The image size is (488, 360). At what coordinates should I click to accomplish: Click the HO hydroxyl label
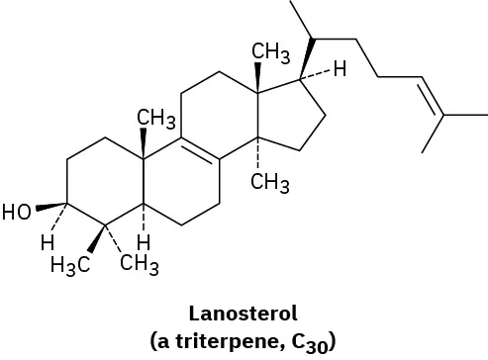click(18, 211)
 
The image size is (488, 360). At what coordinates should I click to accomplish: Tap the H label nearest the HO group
click(45, 240)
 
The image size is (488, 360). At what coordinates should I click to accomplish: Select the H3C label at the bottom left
click(71, 264)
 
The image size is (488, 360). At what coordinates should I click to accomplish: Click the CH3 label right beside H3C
click(140, 263)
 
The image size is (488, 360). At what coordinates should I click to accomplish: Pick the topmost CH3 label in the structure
click(269, 51)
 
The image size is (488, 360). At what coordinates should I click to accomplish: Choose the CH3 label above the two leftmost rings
click(155, 120)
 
